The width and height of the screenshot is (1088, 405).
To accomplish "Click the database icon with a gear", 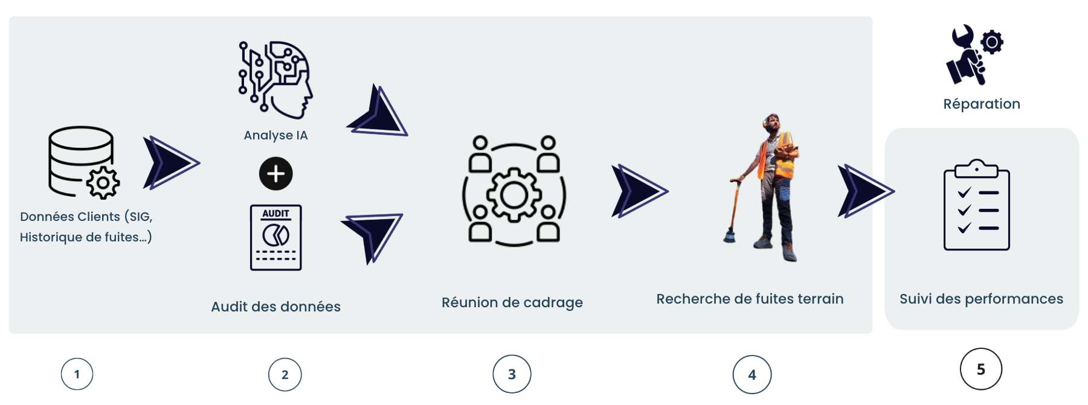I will point(83,162).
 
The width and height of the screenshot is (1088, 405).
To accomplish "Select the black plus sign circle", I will point(276,174).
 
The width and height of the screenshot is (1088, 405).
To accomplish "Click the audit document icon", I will point(276,238).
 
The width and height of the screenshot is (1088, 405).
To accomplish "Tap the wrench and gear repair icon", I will point(973,54).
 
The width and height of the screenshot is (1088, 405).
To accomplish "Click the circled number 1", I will point(77,374).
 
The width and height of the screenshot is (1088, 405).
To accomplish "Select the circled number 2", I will point(285,375).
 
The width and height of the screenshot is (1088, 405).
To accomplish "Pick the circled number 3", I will point(512,374).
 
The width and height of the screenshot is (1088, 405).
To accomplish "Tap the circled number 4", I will point(752,375).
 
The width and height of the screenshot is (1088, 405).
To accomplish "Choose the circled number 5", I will point(980,369).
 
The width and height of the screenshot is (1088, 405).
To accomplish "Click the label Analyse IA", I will point(275,135).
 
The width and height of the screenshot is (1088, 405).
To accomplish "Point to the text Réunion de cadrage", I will point(512,302).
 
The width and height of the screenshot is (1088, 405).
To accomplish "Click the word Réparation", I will point(981,104).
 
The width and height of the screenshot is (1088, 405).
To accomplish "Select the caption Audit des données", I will point(275,307).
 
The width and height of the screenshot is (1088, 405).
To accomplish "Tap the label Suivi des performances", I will point(981,299).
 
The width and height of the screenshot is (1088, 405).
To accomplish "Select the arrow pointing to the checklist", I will point(864,191).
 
